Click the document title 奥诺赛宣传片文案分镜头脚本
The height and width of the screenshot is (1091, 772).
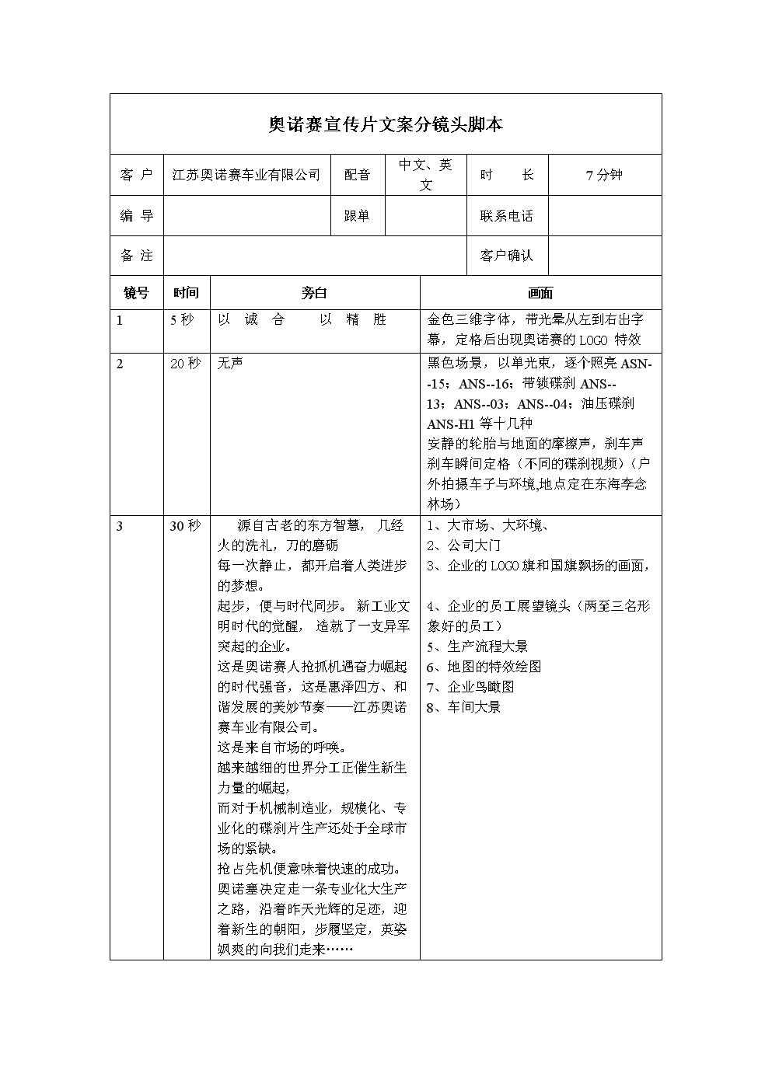coord(386,124)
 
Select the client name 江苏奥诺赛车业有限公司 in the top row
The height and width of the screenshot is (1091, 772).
coord(246,175)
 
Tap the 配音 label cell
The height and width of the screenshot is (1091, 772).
coord(358,175)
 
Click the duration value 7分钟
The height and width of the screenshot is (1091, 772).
coord(604,175)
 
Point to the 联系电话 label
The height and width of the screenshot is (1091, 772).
coord(507,216)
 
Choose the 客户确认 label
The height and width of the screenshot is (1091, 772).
coord(507,255)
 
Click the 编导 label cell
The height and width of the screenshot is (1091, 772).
coord(137,216)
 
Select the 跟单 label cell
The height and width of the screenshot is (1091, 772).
coord(358,216)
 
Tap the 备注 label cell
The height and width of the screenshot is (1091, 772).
coord(137,255)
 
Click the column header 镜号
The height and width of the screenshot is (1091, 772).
coord(137,293)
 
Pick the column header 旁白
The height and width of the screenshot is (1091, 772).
coord(315,293)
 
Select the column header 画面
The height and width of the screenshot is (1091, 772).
coord(540,293)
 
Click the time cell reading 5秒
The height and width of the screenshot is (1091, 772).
coord(183,319)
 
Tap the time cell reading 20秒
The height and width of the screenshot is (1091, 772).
coord(186,363)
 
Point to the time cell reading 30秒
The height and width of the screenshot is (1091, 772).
coord(186,526)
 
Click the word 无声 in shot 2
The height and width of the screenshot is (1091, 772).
coord(230,363)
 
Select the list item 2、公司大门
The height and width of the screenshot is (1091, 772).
coord(464,545)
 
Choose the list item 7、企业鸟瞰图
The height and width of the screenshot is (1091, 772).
coord(471,687)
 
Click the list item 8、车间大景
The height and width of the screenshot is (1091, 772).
coord(464,707)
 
